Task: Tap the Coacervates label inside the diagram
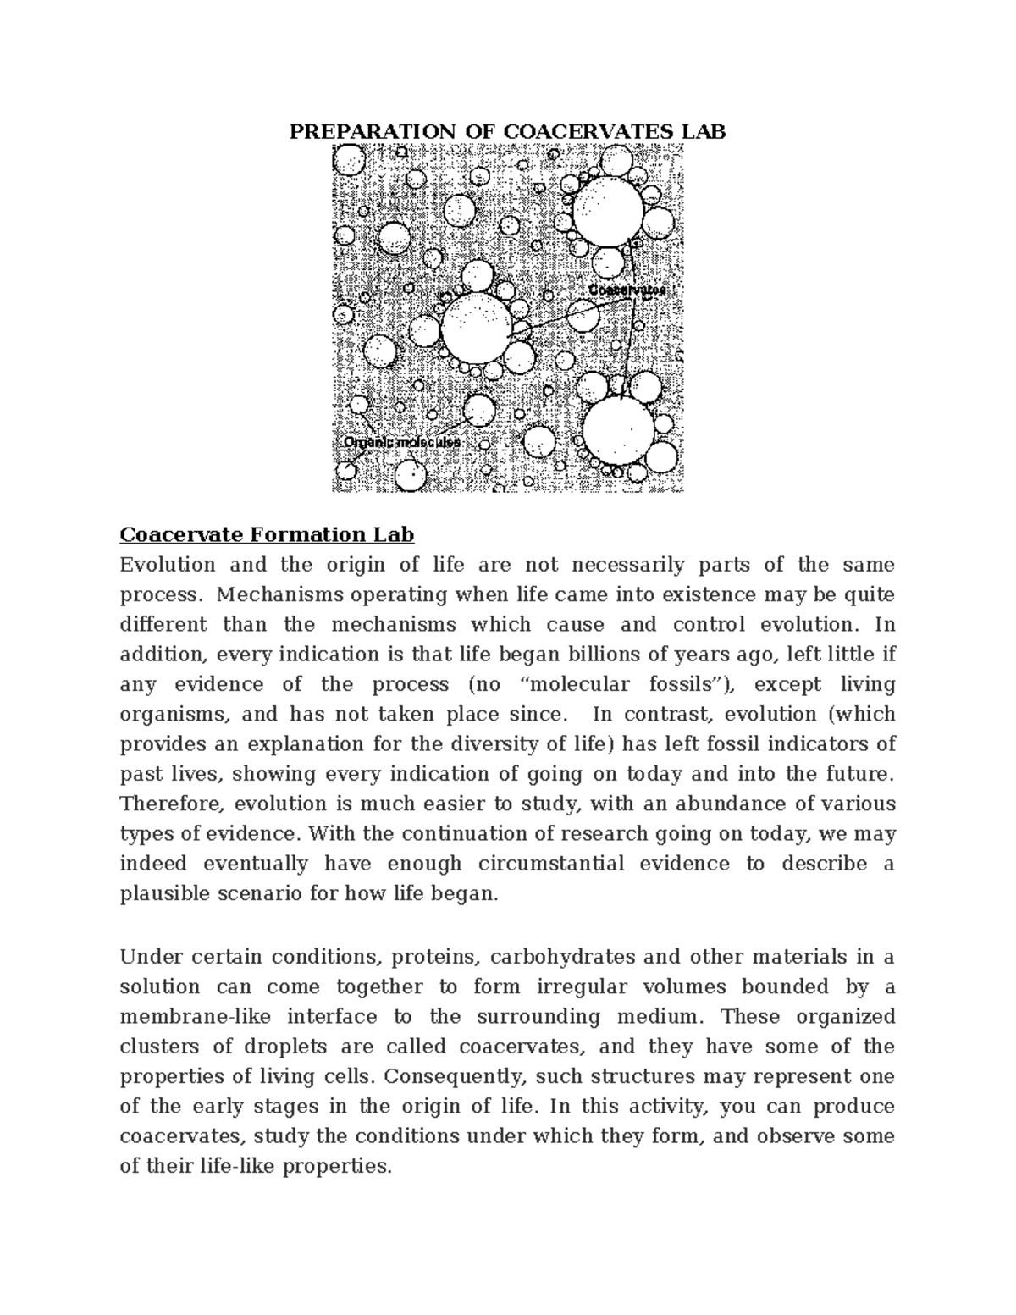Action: click(627, 290)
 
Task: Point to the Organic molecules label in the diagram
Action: click(402, 442)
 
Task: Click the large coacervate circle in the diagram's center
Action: click(477, 327)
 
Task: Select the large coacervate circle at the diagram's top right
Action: click(608, 212)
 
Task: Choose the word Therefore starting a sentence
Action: click(172, 804)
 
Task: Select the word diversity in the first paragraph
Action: click(555, 744)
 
